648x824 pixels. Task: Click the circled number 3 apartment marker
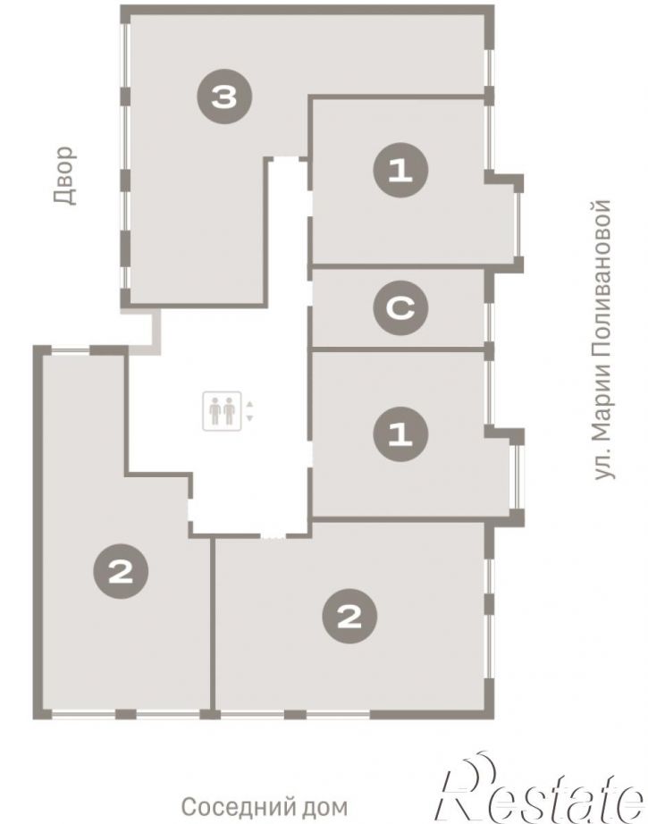pos(224,97)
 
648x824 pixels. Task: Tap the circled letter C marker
pos(400,308)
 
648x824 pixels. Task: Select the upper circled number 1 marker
pos(400,171)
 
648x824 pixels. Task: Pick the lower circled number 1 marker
pos(400,434)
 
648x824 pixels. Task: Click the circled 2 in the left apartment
pos(121,571)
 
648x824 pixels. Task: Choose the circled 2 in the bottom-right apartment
pos(349,616)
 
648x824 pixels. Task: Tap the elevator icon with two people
pos(223,411)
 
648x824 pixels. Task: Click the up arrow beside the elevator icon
pos(249,404)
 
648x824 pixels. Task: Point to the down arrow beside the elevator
pos(249,418)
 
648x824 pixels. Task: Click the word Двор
pos(65,175)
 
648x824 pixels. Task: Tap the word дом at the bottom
pos(327,806)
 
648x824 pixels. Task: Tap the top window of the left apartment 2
pos(71,349)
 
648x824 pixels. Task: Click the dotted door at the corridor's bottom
pos(274,536)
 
